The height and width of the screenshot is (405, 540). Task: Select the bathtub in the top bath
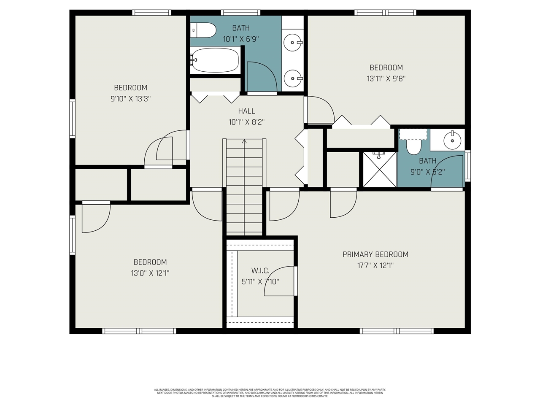click(x=215, y=60)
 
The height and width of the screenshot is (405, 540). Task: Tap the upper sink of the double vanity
click(x=292, y=42)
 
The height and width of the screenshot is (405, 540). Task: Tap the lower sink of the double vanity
click(x=292, y=78)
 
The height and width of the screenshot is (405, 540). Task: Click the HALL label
click(x=246, y=111)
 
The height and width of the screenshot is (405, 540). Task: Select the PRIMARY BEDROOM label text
click(x=375, y=254)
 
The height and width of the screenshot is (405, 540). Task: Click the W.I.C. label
click(x=260, y=270)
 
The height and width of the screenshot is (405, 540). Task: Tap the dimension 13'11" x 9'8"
click(x=386, y=78)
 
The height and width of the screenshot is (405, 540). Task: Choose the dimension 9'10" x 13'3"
click(x=130, y=99)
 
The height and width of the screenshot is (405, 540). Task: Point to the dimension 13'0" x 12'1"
click(x=150, y=273)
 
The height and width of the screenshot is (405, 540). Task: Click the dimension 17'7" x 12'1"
click(x=375, y=265)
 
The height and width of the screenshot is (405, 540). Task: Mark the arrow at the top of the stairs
click(x=244, y=142)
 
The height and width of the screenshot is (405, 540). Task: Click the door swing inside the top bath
click(x=262, y=76)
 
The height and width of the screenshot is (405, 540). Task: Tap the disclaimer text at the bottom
click(x=270, y=393)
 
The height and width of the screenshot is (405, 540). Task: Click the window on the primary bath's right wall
click(x=467, y=165)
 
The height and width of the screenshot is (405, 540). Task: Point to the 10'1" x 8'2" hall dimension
click(x=246, y=122)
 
